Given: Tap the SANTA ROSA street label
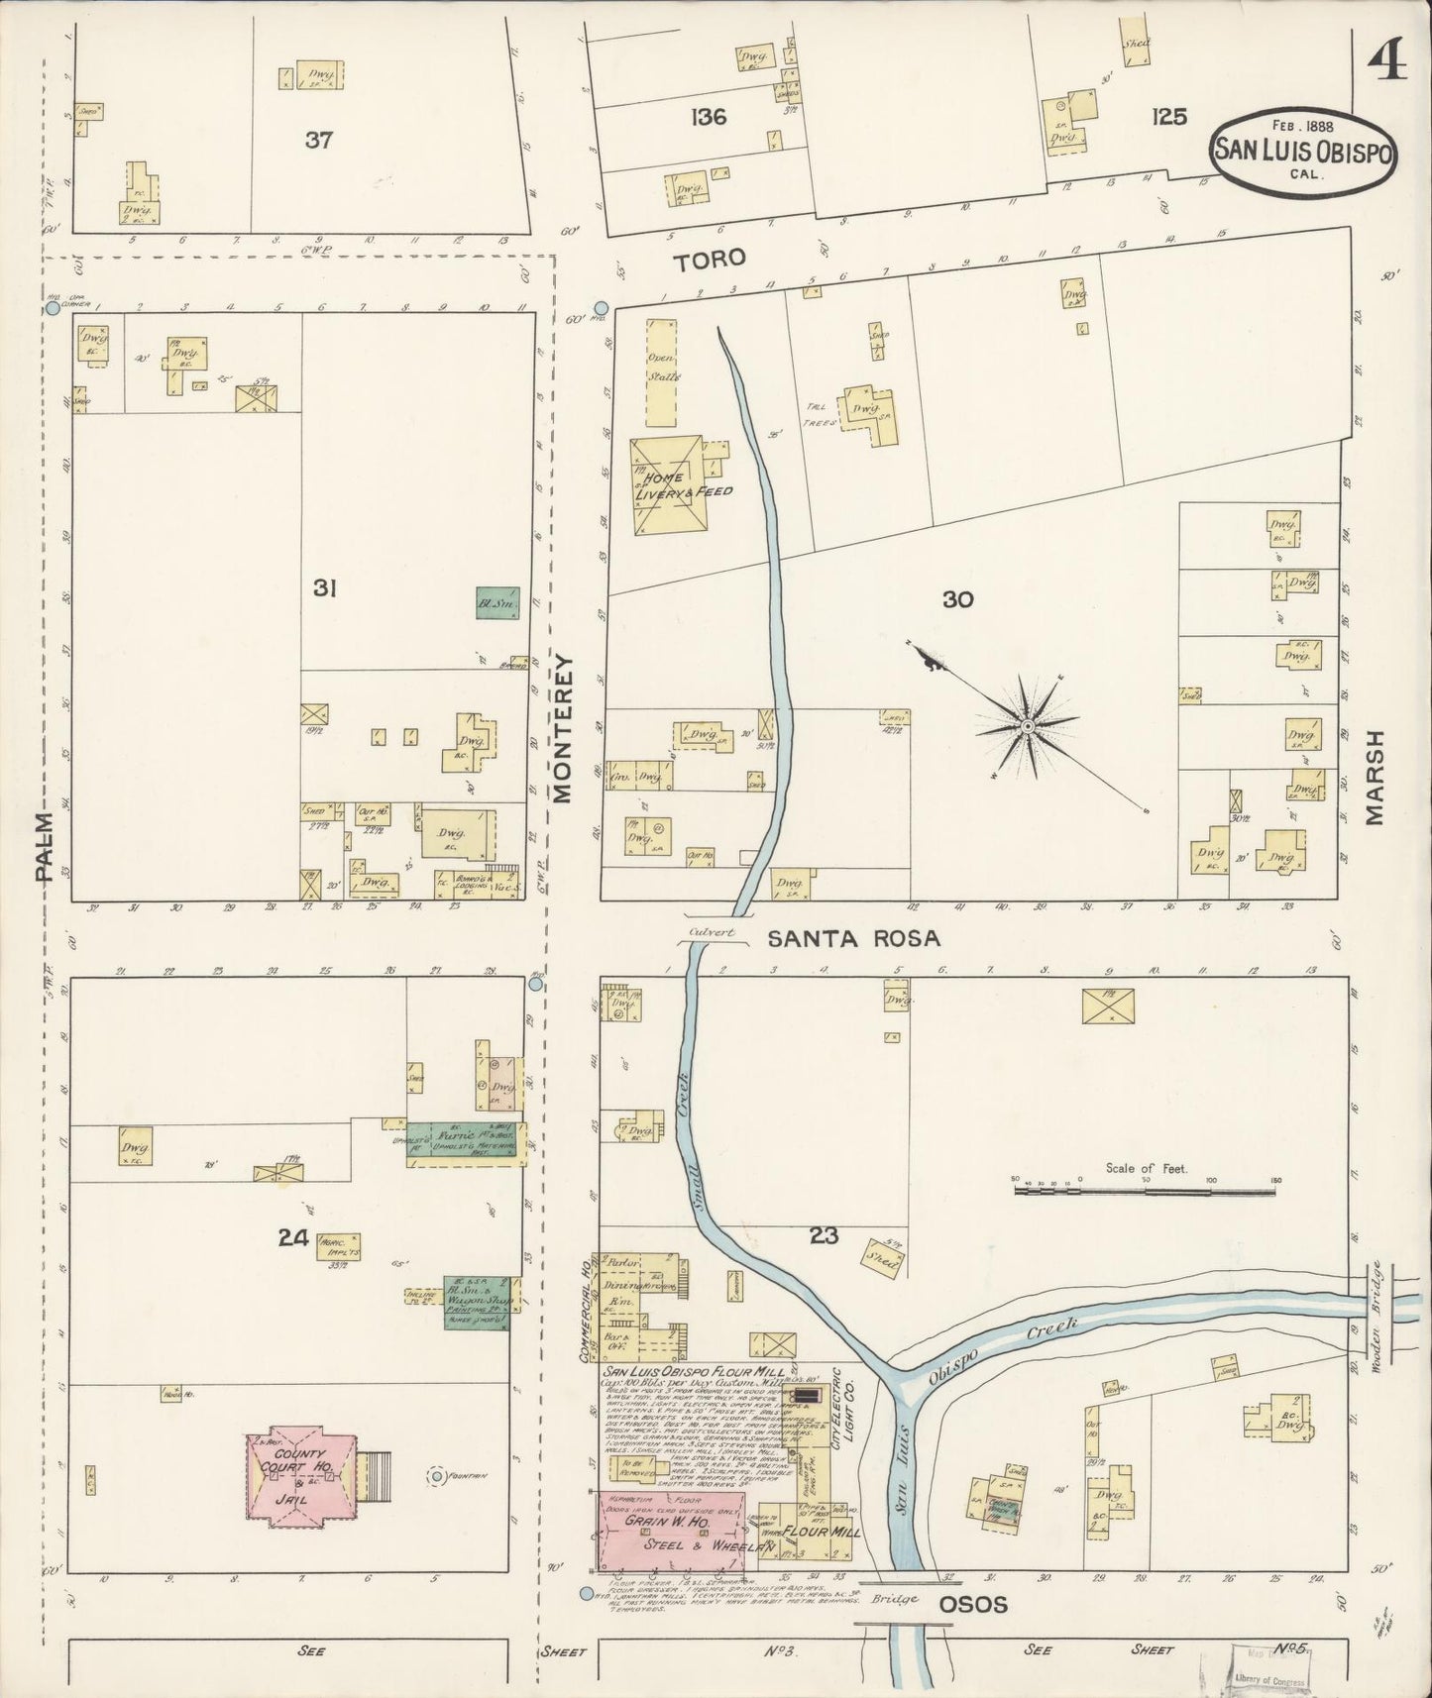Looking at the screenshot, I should (x=854, y=937).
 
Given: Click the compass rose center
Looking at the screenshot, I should (x=1028, y=726).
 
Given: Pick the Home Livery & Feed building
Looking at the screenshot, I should (x=670, y=484).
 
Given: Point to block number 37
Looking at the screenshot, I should (x=318, y=141).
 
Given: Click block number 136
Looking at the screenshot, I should (x=709, y=117).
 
